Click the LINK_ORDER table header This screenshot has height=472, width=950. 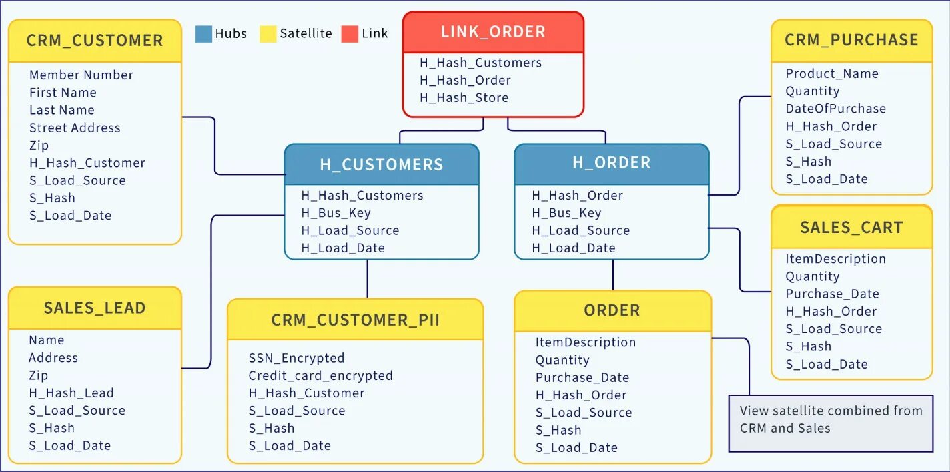(493, 32)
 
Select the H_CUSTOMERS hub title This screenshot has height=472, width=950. (381, 164)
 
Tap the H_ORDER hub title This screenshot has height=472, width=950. (611, 162)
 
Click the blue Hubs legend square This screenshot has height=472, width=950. (203, 34)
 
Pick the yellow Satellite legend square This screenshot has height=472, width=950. (268, 34)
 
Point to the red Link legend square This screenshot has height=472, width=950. (350, 34)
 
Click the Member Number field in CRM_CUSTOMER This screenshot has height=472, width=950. (81, 75)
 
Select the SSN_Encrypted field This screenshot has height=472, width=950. (296, 358)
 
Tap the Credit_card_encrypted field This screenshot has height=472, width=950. (320, 375)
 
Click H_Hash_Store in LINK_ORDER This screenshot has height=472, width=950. (464, 97)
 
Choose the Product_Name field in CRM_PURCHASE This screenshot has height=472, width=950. (831, 74)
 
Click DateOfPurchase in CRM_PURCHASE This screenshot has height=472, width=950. (835, 109)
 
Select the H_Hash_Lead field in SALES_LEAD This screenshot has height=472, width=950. (71, 393)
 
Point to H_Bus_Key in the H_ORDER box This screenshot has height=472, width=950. (566, 213)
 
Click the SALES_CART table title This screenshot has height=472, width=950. (851, 228)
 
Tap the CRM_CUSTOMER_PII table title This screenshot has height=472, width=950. (355, 320)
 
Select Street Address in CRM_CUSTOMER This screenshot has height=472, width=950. (75, 128)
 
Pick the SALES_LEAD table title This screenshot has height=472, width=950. (95, 308)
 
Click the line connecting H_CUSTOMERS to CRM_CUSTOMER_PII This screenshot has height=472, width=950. (367, 279)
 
